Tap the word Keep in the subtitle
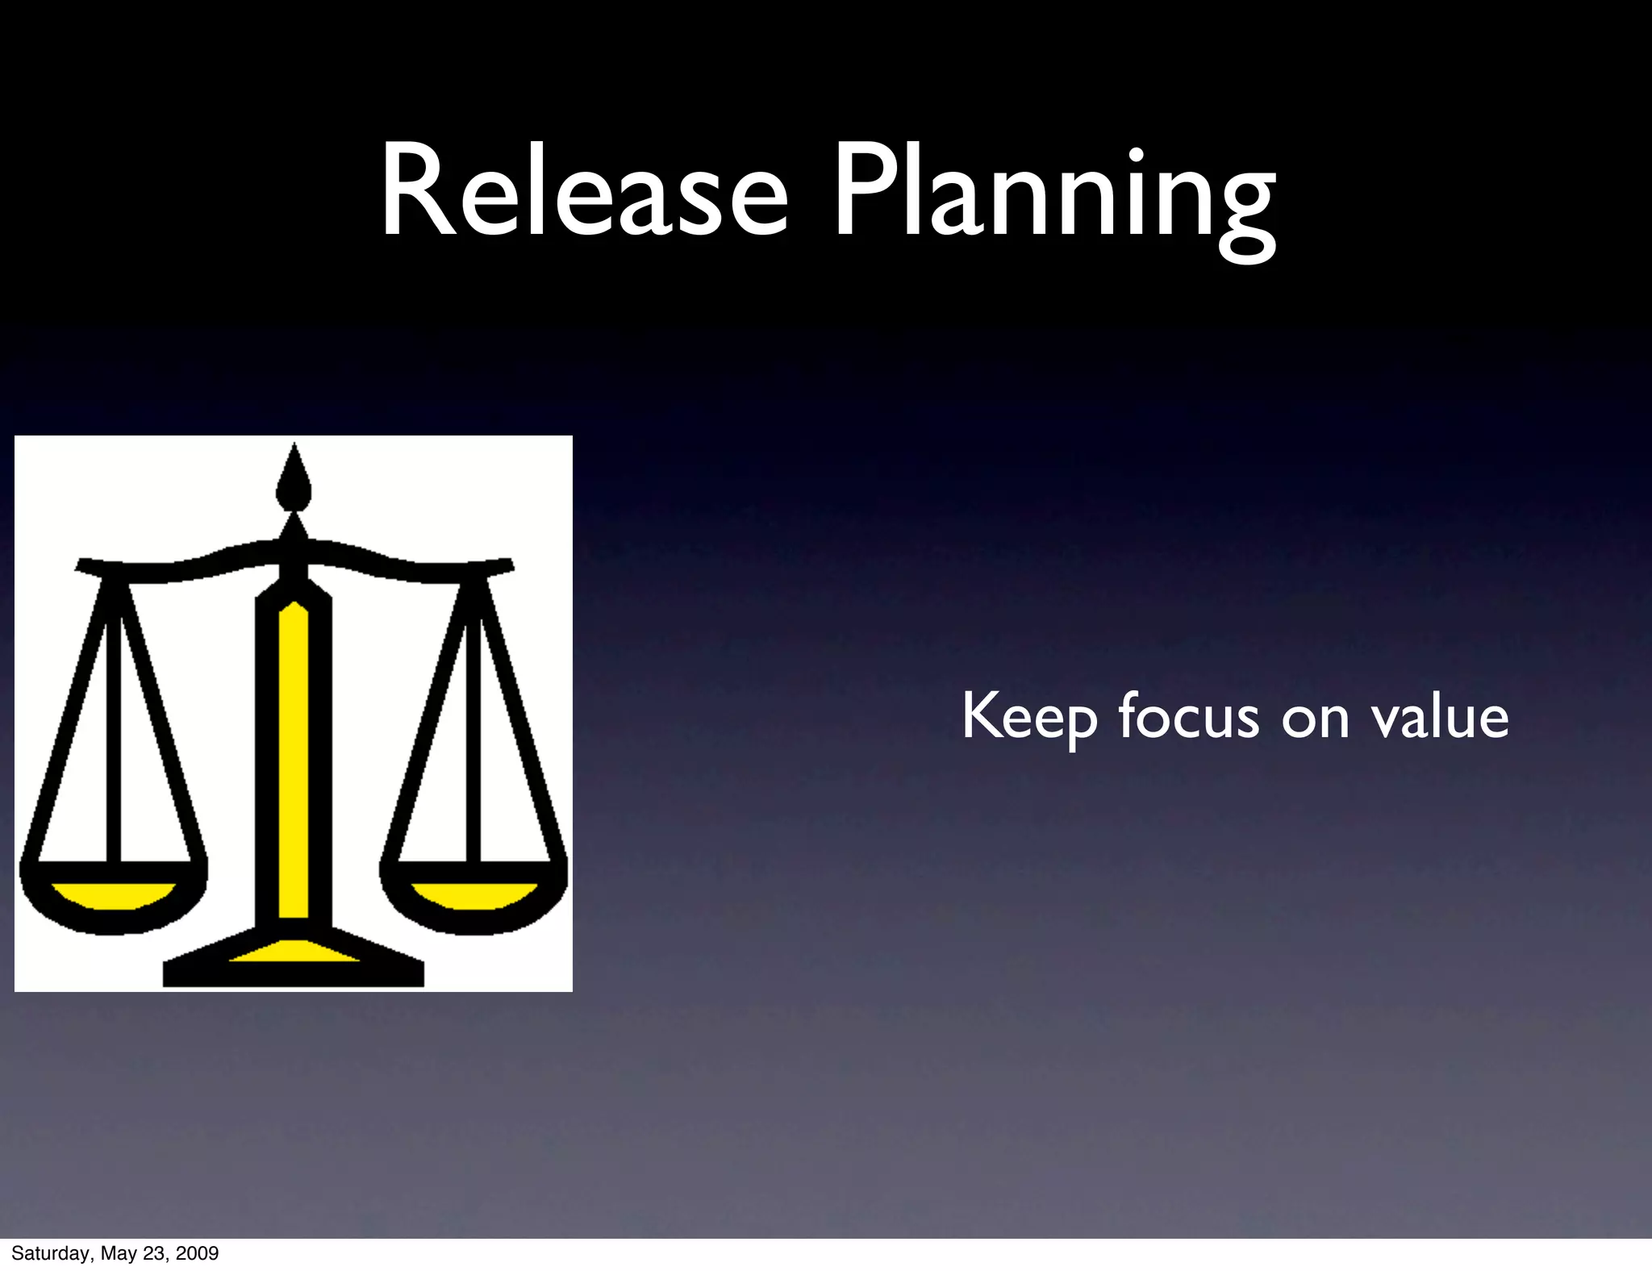click(x=1029, y=717)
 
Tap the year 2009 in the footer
click(x=198, y=1253)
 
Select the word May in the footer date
click(x=119, y=1253)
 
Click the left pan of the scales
click(x=113, y=895)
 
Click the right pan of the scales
click(x=474, y=895)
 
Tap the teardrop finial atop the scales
click(x=294, y=480)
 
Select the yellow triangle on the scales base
click(x=294, y=952)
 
